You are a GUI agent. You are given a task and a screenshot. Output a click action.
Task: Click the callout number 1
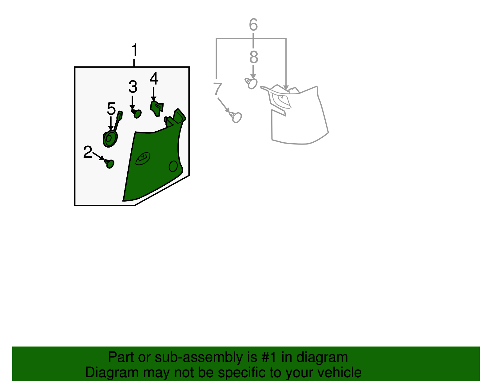click(x=134, y=50)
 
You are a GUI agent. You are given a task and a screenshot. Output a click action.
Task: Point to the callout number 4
click(x=154, y=78)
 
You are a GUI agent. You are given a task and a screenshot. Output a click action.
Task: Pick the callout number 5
click(x=111, y=109)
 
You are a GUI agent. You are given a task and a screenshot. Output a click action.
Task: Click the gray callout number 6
click(x=253, y=24)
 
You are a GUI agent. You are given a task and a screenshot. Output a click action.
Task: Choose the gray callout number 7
click(x=217, y=89)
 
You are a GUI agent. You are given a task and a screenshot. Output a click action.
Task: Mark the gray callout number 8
click(x=254, y=57)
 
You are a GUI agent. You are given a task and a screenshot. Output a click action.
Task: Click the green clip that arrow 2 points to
click(x=109, y=164)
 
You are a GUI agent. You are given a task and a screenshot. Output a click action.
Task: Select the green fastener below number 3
click(x=137, y=113)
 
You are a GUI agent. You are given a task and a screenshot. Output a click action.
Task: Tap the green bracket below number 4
click(x=157, y=109)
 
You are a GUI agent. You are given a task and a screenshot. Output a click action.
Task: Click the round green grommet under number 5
click(x=110, y=139)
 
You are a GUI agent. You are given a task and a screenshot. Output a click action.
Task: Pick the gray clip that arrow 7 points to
click(x=236, y=117)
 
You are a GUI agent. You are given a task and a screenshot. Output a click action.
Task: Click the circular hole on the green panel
click(x=173, y=166)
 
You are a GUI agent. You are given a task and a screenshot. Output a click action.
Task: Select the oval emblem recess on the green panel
click(x=143, y=158)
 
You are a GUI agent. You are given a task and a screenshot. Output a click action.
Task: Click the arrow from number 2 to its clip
click(x=98, y=156)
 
